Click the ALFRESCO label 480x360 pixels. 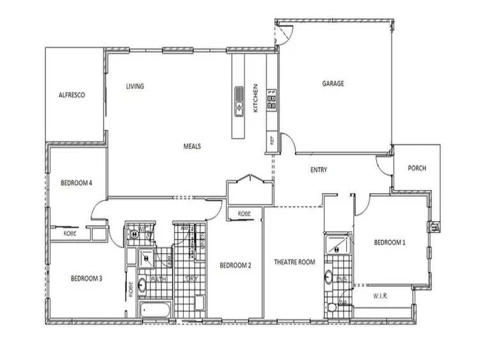(72, 95)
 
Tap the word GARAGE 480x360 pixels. (333, 84)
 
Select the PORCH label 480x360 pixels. (417, 169)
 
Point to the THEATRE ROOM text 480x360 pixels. (294, 262)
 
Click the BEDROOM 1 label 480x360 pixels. (390, 242)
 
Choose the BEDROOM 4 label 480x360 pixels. (77, 183)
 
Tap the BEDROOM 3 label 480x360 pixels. (86, 278)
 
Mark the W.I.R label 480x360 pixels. (381, 296)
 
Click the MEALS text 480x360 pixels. (192, 146)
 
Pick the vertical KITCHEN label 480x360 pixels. (255, 98)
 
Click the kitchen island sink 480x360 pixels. (239, 102)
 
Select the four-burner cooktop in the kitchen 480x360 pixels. (271, 103)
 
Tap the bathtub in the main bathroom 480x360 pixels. (154, 311)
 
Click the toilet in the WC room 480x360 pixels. (135, 233)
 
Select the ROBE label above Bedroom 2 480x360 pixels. (244, 214)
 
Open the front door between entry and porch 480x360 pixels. (385, 168)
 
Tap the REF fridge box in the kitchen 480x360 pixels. (271, 139)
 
